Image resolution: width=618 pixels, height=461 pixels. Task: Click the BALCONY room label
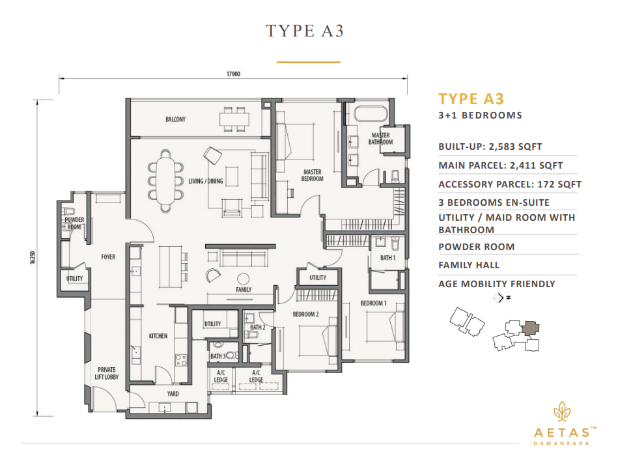[175, 119]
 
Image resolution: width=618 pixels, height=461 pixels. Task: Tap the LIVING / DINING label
[206, 181]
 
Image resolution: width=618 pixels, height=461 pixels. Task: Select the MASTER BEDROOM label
[313, 176]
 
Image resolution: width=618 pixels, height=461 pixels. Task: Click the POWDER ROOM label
[74, 223]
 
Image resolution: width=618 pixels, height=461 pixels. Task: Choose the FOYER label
[108, 257]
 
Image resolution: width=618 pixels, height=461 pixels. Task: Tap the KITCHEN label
[158, 336]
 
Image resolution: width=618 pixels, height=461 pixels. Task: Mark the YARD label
[173, 394]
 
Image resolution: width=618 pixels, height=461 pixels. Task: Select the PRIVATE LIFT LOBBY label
[107, 374]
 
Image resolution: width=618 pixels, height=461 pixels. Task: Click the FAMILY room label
[244, 289]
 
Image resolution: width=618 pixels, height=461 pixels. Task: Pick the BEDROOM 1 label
[374, 303]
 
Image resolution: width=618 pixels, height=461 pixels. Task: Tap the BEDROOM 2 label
[305, 314]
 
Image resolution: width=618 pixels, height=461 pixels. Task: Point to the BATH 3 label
[217, 356]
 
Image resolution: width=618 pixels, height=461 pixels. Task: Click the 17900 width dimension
[234, 74]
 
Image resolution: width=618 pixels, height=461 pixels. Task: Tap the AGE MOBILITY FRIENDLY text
[497, 284]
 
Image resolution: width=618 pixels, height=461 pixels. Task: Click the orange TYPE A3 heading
[471, 99]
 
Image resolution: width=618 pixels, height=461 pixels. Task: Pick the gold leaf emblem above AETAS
[560, 412]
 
